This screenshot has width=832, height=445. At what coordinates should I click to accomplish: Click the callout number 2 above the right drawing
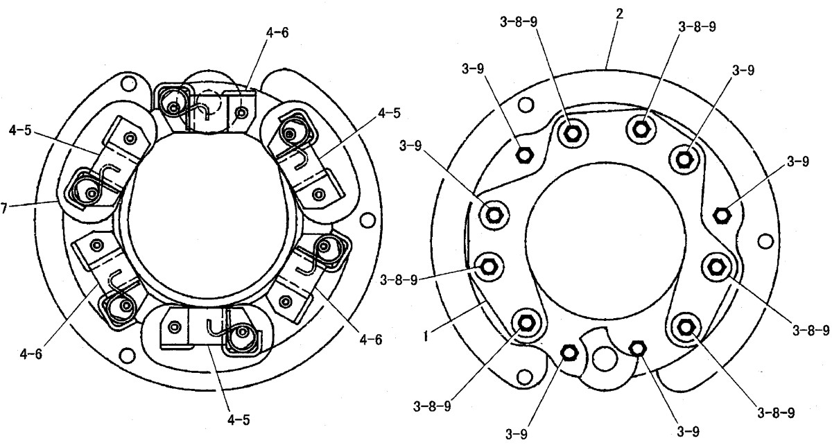[x=619, y=15]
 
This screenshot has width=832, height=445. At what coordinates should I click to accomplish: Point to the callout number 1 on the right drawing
[x=426, y=337]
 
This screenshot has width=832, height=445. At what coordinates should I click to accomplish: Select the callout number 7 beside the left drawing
[x=4, y=208]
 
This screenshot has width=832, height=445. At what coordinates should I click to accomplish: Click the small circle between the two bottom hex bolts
[x=605, y=359]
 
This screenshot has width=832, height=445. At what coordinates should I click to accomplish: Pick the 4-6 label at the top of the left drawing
[x=277, y=33]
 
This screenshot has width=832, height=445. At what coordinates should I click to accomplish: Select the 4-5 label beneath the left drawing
[x=239, y=420]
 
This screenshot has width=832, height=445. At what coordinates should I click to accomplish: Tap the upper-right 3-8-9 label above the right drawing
[x=697, y=27]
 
